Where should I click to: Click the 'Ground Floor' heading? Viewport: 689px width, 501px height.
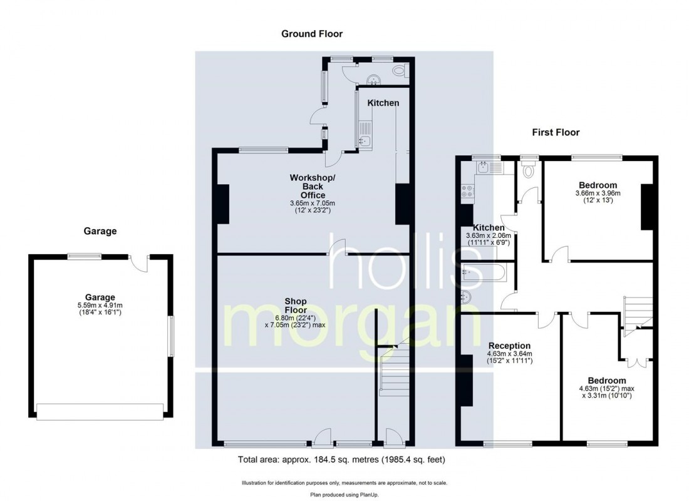(x=312, y=34)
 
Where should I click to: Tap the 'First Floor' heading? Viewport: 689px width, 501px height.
(x=556, y=132)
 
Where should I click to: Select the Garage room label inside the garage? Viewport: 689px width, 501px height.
(x=100, y=297)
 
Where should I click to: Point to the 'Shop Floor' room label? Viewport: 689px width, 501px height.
(x=295, y=306)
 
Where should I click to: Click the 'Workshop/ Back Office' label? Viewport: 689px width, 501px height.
(x=313, y=187)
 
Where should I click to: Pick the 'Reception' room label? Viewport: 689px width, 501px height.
(x=509, y=346)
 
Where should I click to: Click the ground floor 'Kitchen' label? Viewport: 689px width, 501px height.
(x=383, y=103)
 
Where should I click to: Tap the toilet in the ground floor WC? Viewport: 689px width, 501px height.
(x=400, y=70)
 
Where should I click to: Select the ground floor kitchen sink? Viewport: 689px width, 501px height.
(x=365, y=141)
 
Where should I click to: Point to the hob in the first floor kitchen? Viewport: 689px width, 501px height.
(x=467, y=190)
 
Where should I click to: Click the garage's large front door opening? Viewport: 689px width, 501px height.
(x=100, y=412)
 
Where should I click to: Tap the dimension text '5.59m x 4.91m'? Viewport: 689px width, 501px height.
(x=100, y=305)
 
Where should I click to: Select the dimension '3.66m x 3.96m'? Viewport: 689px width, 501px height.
(x=598, y=193)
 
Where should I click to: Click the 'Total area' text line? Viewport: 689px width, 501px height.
(x=341, y=460)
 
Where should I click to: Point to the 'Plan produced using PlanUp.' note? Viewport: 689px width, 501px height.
(x=344, y=495)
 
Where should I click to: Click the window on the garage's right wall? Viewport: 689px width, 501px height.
(x=172, y=336)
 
